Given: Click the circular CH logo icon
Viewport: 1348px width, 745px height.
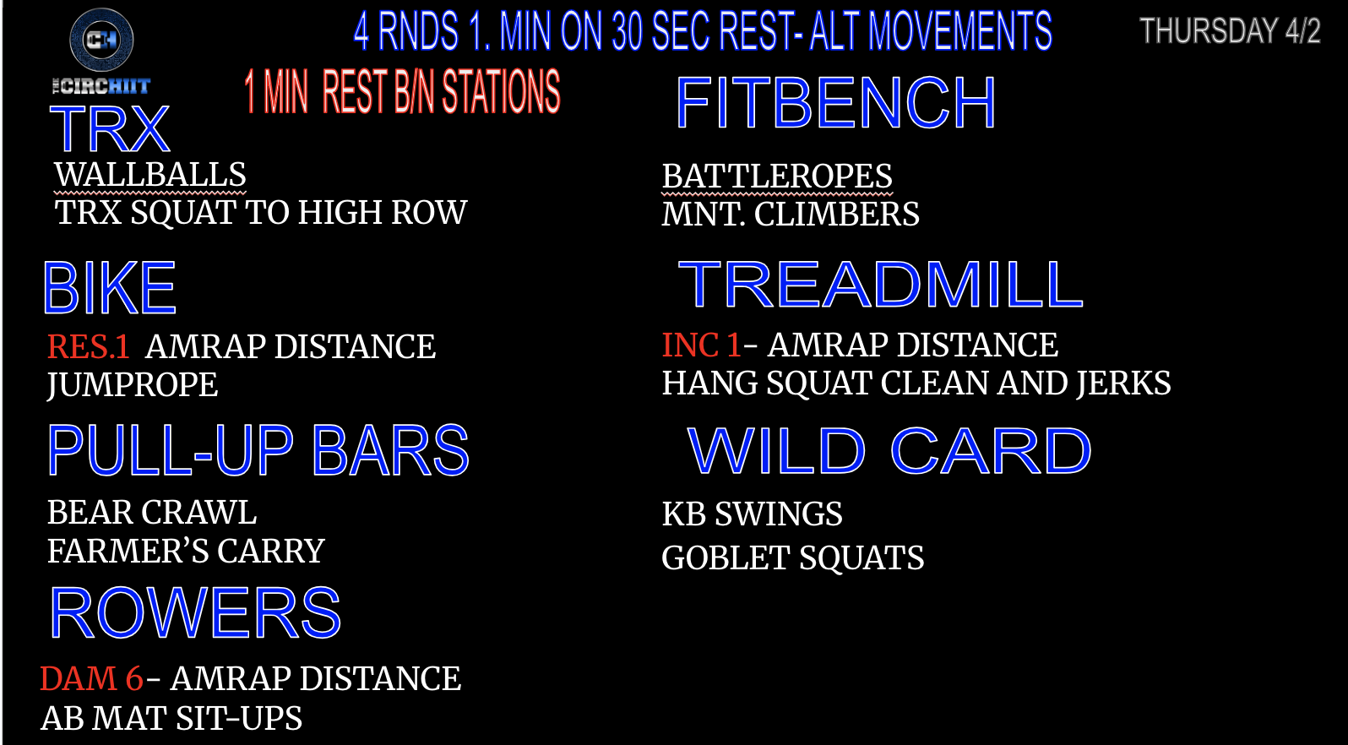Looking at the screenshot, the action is (101, 40).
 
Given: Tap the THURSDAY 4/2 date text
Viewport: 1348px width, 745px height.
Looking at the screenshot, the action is (1230, 30).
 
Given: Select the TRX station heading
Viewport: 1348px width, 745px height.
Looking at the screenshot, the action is (110, 128).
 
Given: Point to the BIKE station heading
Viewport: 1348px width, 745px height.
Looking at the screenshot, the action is (110, 288).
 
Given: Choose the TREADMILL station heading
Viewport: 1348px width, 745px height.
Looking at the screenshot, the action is (880, 285).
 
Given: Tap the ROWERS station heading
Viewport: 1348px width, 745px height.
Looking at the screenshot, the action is (195, 612).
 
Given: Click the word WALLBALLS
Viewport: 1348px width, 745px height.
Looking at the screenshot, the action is (150, 175).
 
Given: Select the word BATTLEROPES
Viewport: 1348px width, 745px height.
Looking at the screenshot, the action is (777, 177).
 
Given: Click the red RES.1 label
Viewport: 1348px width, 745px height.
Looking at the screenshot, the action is (89, 346).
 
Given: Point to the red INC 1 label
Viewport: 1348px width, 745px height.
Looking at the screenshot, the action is (701, 345).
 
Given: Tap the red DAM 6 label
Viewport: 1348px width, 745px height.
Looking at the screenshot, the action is (91, 679).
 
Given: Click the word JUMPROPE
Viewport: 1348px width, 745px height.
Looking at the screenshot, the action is (133, 385).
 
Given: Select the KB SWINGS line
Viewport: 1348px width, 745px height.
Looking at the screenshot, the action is (753, 514).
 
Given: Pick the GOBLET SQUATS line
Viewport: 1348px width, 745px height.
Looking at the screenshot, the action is (792, 557).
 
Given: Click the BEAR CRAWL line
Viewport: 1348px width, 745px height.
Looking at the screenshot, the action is (152, 513).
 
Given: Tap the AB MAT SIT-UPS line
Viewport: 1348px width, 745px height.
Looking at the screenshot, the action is (171, 719).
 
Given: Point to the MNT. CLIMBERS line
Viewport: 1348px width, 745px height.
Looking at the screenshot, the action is (791, 215).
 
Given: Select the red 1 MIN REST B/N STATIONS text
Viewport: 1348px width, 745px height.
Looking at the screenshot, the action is (402, 91).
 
